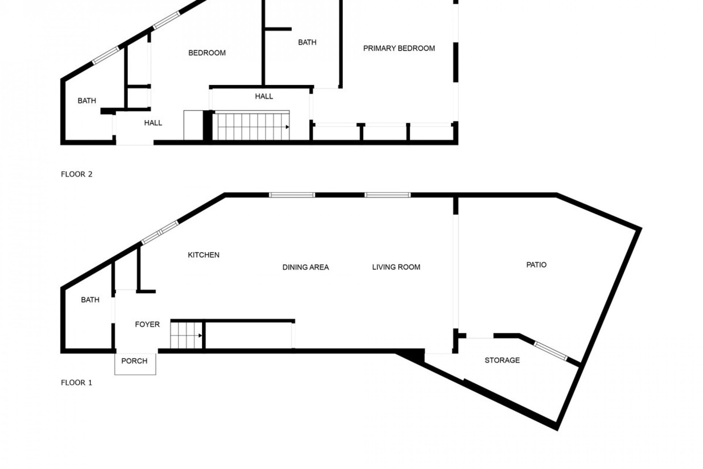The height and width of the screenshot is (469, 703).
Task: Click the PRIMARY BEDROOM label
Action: pos(399,48)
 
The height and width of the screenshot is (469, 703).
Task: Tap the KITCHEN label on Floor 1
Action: pos(204,255)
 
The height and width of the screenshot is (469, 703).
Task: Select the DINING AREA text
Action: pos(305,267)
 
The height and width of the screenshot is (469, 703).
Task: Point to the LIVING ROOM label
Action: pos(396,267)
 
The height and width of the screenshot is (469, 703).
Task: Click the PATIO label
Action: pos(536,265)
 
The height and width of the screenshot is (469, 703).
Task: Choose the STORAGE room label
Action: pos(502,360)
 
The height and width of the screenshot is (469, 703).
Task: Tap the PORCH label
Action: pos(134,361)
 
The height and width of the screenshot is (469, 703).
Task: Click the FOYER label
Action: pos(147,324)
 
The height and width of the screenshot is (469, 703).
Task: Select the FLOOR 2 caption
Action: pos(77,174)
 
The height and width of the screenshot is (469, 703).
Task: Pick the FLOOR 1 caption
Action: pos(77,383)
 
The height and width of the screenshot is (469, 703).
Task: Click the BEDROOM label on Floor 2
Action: pos(207,53)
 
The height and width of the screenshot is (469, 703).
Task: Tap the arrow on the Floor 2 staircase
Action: pos(287,127)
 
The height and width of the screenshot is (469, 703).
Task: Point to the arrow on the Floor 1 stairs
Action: pos(200,335)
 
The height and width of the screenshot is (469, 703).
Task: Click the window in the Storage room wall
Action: pos(550,351)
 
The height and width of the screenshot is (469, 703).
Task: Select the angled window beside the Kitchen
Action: pos(160,232)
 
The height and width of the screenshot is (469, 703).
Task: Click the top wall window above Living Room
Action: pos(387,195)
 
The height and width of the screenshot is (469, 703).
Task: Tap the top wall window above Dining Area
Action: pos(292,195)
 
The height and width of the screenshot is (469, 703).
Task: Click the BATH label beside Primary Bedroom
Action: pos(307,43)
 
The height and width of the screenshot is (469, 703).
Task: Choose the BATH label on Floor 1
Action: pos(90,300)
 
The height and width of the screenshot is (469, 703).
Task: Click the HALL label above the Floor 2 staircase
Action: pos(264,96)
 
